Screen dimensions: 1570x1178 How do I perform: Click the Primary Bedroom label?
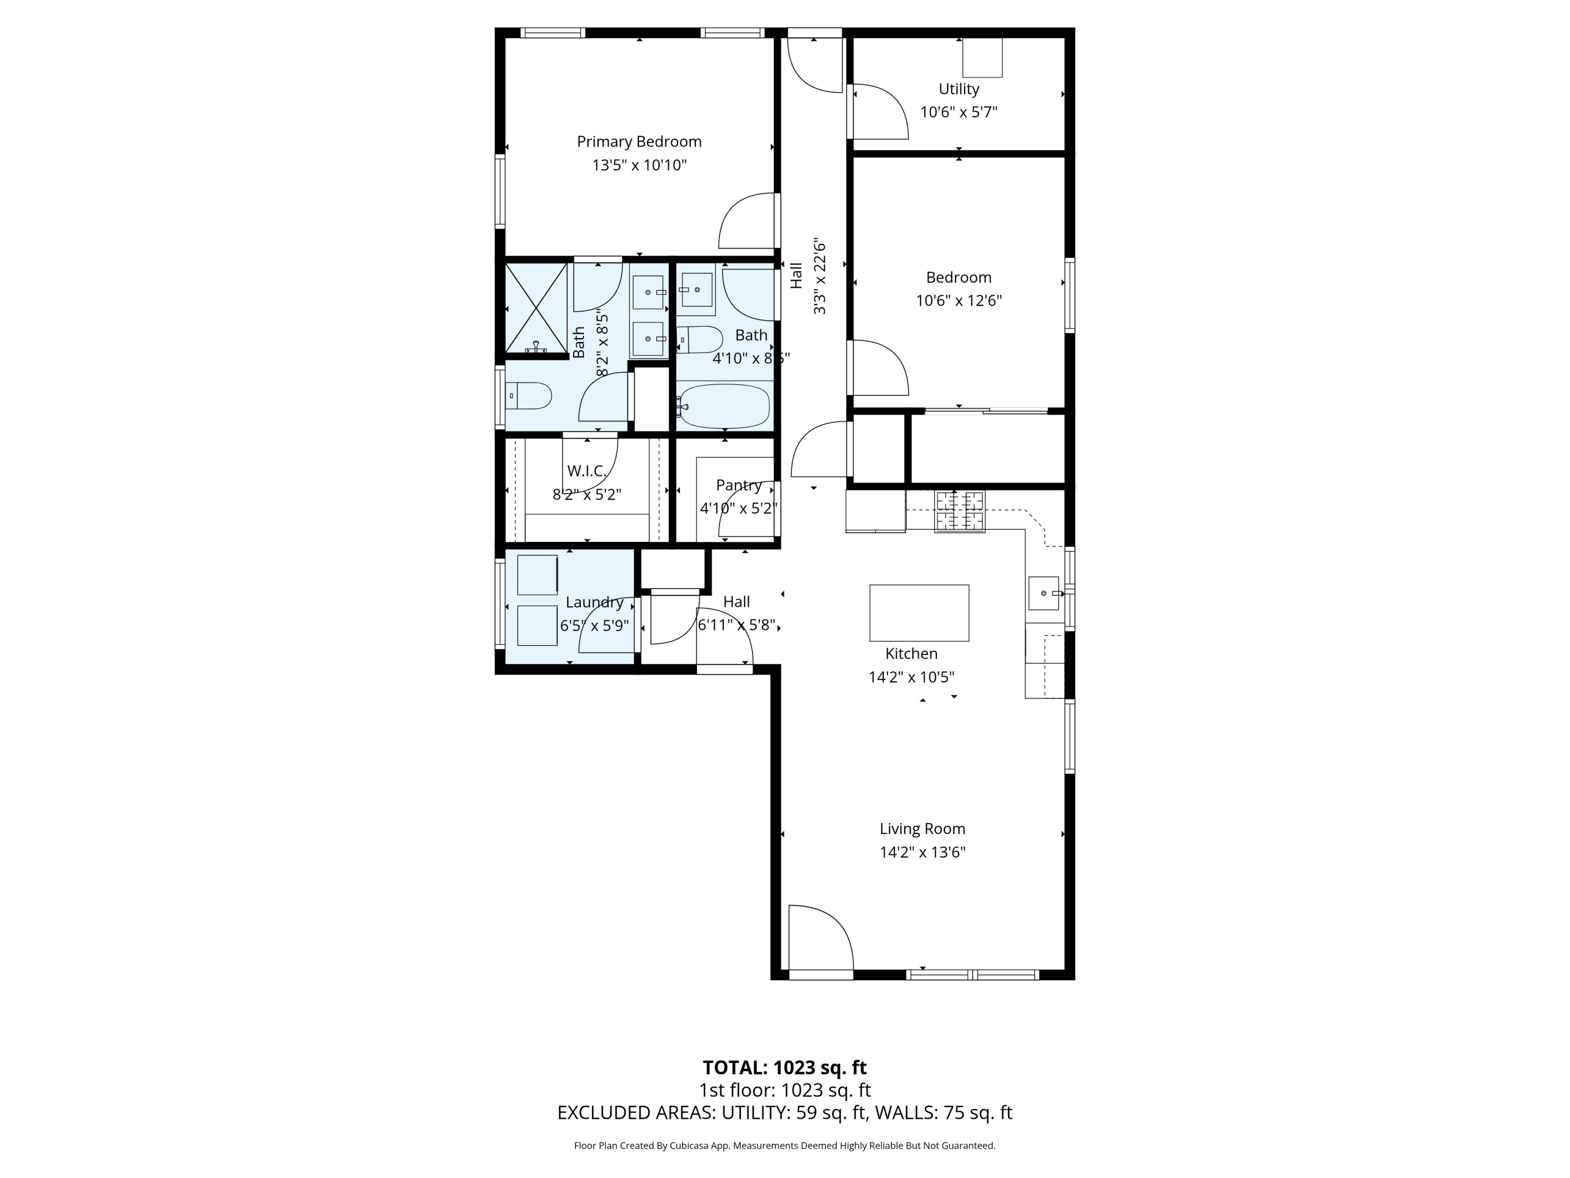pyautogui.click(x=639, y=142)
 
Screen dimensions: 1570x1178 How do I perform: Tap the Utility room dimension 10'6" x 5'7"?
pyautogui.click(x=959, y=112)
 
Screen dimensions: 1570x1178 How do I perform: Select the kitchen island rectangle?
pyautogui.click(x=919, y=613)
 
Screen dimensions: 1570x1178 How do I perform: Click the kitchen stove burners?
pyautogui.click(x=960, y=511)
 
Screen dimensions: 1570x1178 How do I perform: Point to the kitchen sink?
pyautogui.click(x=1045, y=593)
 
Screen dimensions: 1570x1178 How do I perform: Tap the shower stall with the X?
pyautogui.click(x=536, y=307)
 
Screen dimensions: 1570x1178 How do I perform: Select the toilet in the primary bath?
pyautogui.click(x=528, y=395)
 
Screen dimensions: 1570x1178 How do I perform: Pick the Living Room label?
pyautogui.click(x=923, y=829)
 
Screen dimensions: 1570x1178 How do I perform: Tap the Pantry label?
pyautogui.click(x=739, y=485)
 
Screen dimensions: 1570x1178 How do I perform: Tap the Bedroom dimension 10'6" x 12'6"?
pyautogui.click(x=959, y=301)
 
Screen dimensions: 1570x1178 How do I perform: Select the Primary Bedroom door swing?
pyautogui.click(x=747, y=220)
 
